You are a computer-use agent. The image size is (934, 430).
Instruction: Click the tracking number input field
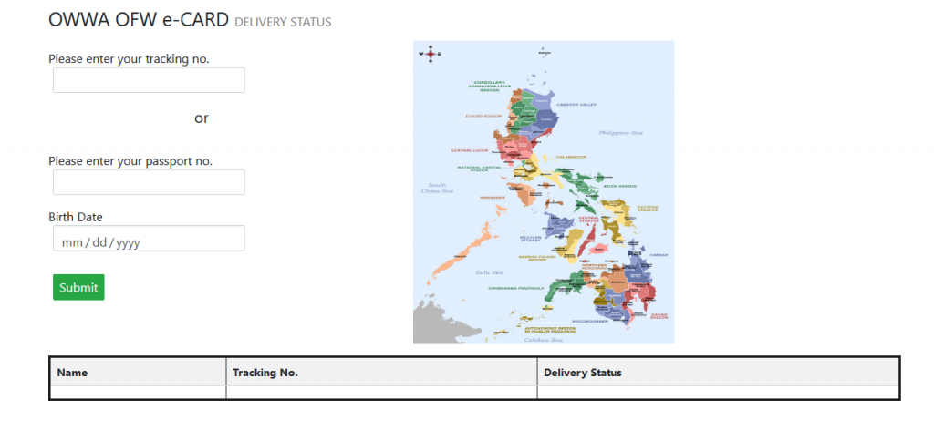point(149,80)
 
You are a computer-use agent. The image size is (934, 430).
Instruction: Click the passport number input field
point(149,182)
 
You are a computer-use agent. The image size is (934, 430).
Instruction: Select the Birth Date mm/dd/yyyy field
point(149,240)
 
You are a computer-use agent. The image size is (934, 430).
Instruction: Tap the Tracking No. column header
point(265,373)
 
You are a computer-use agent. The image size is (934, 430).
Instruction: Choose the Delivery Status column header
point(582,373)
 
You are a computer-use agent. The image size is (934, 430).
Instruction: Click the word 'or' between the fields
point(202,118)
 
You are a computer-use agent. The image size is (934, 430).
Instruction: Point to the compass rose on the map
point(429,53)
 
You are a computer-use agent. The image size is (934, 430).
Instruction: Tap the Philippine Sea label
point(621,133)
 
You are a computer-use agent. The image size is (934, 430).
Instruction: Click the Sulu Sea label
point(489,272)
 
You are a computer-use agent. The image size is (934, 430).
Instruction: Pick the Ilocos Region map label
point(483,116)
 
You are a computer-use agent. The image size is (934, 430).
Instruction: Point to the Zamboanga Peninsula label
point(514,288)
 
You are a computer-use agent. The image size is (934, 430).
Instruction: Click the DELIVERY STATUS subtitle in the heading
point(283,22)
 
